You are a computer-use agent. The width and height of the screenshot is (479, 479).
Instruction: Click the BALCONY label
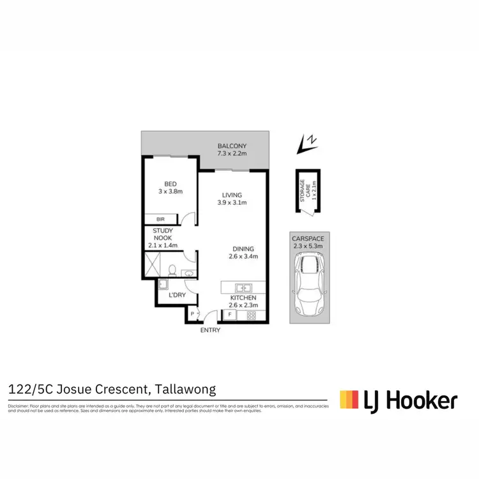pos(232,146)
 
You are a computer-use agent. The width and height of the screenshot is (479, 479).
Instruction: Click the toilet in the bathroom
pos(172,270)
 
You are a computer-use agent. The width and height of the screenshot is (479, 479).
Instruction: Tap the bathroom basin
pos(189,274)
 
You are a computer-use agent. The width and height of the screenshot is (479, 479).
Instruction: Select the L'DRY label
pos(176,296)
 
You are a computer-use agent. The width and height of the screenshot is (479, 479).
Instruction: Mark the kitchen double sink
pos(243,287)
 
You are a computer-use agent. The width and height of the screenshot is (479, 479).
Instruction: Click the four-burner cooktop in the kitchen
pos(251,315)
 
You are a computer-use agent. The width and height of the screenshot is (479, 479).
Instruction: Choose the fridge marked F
pos(229,315)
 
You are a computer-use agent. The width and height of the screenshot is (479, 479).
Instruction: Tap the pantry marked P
pos(193,314)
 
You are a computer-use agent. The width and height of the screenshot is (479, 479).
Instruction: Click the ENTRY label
pos(210,330)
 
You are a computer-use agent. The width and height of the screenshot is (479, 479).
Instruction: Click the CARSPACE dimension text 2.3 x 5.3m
pos(308,245)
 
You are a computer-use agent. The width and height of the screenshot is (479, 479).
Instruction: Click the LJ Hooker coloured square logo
pos(349,400)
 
